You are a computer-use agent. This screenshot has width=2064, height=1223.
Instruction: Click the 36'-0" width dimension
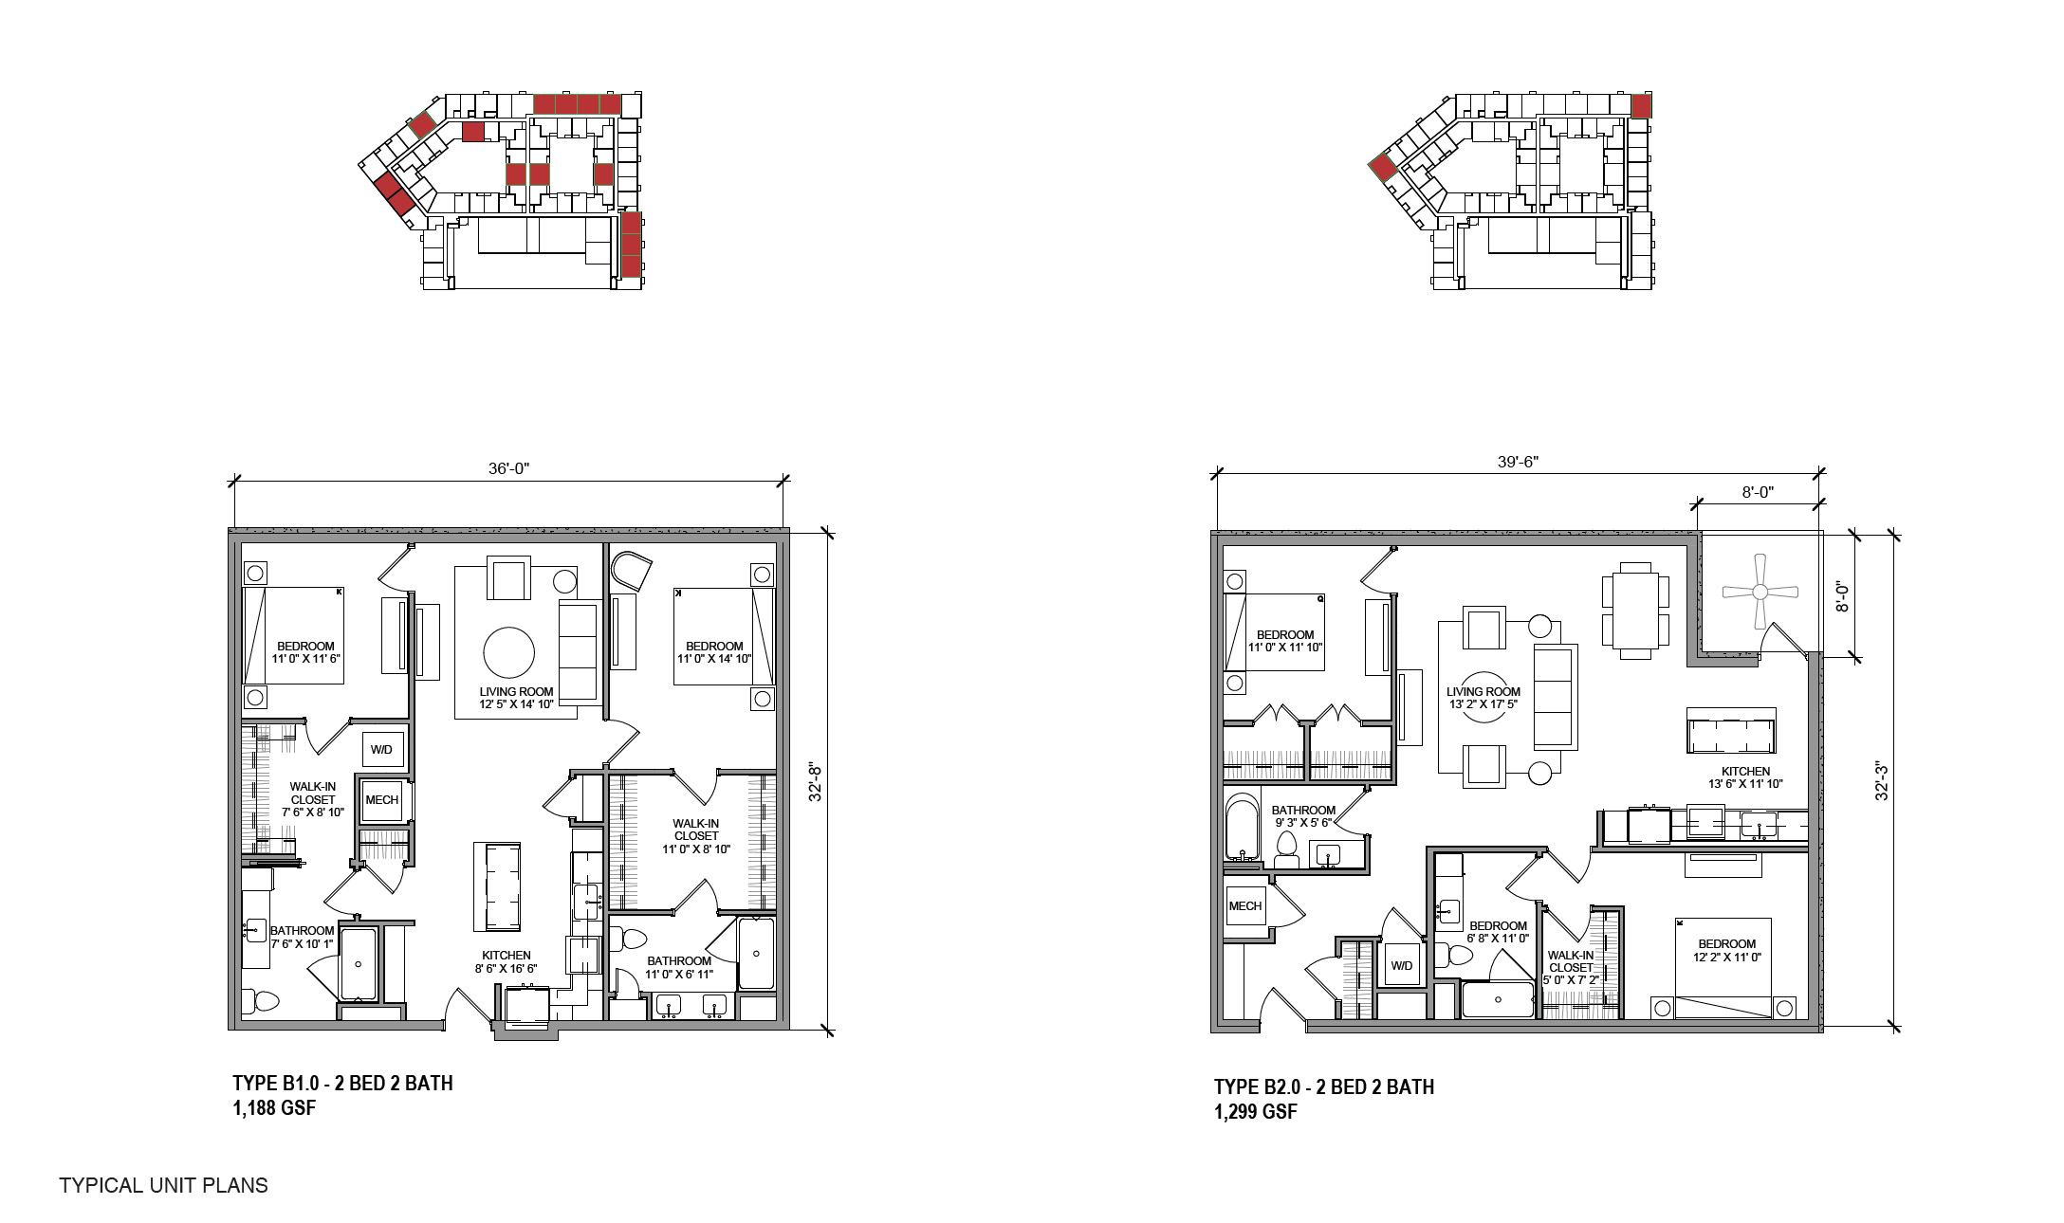pyautogui.click(x=509, y=469)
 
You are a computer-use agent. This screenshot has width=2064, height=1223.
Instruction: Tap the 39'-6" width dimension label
pyautogui.click(x=1518, y=462)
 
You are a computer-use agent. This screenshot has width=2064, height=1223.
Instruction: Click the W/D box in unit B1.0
pyautogui.click(x=381, y=749)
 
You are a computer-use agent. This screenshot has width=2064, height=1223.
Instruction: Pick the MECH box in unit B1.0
pyautogui.click(x=382, y=800)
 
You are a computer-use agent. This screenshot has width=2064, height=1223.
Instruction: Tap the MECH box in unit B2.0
pyautogui.click(x=1244, y=905)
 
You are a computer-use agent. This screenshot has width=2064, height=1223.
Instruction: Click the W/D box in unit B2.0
pyautogui.click(x=1402, y=965)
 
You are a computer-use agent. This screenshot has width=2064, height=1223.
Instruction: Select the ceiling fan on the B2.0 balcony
pyautogui.click(x=1760, y=592)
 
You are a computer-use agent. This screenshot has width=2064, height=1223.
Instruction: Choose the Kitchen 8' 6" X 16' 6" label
pyautogui.click(x=506, y=962)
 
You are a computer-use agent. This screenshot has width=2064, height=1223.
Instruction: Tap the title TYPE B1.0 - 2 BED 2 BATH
pyautogui.click(x=342, y=1083)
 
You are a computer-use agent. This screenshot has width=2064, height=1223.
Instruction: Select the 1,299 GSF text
pyautogui.click(x=1255, y=1112)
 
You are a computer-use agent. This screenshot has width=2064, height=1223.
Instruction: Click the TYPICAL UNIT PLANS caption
pyautogui.click(x=163, y=1185)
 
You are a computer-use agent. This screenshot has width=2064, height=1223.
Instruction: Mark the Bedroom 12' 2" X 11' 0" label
pyautogui.click(x=1726, y=951)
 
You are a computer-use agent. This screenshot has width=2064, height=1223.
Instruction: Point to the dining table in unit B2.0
pyautogui.click(x=1636, y=611)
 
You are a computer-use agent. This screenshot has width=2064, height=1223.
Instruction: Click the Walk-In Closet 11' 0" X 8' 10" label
pyautogui.click(x=695, y=836)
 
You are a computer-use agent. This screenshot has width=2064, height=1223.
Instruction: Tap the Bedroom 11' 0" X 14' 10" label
pyautogui.click(x=714, y=652)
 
